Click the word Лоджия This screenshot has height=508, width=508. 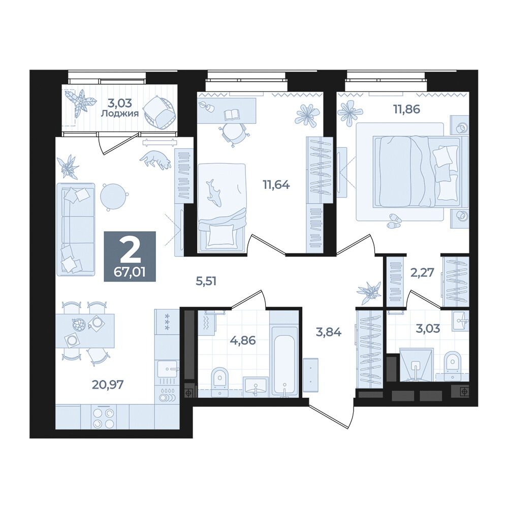tap(120, 113)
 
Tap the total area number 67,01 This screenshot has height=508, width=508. tap(130, 272)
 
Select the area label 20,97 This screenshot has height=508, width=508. tap(107, 385)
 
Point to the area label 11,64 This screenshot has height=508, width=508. tap(276, 185)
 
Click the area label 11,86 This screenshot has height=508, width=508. tap(406, 109)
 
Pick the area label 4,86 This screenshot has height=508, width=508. tap(243, 340)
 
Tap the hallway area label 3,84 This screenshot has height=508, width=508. tap(329, 332)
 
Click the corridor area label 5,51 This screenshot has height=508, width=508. tap(206, 281)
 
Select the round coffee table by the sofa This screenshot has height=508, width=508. tap(114, 196)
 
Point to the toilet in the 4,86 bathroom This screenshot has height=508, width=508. tap(220, 382)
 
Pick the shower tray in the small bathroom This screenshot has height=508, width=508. tap(417, 364)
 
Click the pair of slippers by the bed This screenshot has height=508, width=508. tap(394, 221)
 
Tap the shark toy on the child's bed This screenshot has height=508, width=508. tap(213, 193)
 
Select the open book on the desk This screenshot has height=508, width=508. tap(232, 114)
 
